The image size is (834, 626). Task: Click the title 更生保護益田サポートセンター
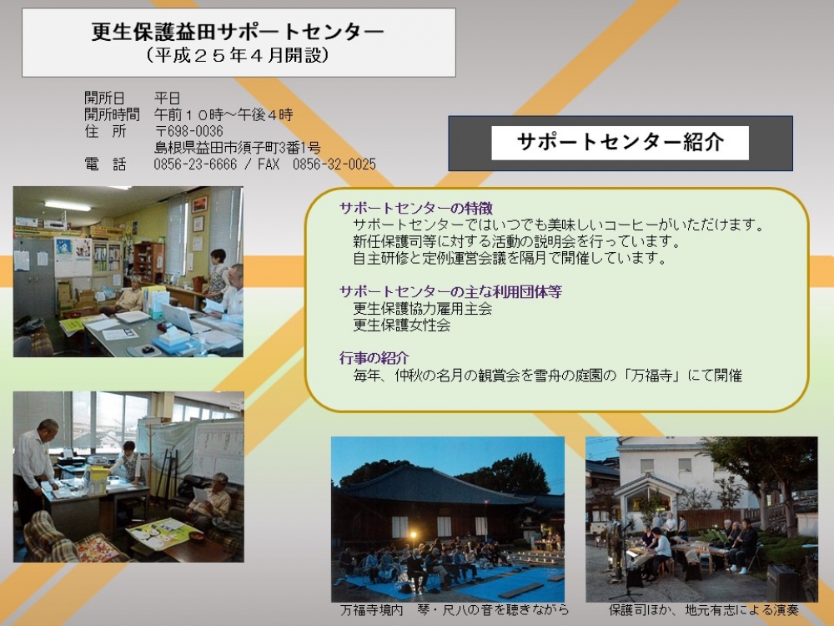click(x=238, y=32)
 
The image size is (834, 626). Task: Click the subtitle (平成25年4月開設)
click(x=238, y=55)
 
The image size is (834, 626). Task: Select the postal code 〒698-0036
click(x=188, y=131)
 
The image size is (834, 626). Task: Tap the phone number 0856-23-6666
click(x=195, y=164)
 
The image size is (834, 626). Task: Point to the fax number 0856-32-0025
click(x=334, y=164)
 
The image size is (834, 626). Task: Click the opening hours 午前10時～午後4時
click(x=224, y=114)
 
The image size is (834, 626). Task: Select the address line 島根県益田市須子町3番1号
click(x=237, y=148)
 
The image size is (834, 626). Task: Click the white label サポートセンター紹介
click(x=620, y=143)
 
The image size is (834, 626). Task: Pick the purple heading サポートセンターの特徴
click(x=416, y=208)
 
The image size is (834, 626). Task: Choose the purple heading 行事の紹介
click(x=374, y=358)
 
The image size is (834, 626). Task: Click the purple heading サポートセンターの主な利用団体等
click(x=450, y=291)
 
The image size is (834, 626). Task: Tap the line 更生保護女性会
click(x=402, y=325)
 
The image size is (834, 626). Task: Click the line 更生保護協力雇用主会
click(x=422, y=308)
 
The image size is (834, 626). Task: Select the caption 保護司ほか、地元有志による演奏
click(x=703, y=610)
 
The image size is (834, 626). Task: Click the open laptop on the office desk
click(x=178, y=317)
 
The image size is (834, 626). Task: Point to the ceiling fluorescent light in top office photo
click(x=68, y=205)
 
